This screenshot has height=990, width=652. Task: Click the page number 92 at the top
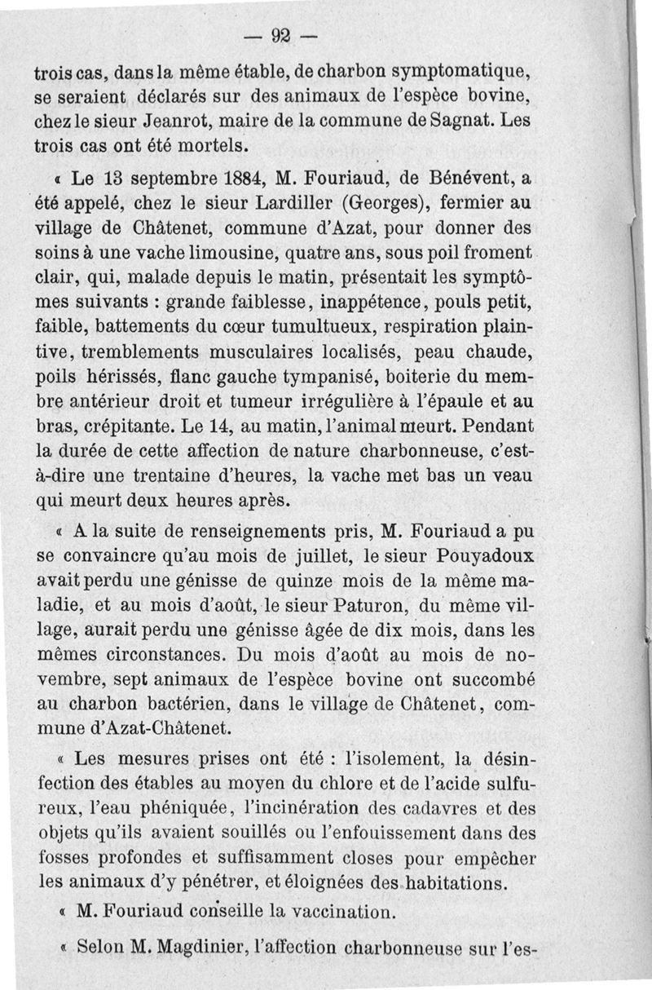point(282,35)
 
